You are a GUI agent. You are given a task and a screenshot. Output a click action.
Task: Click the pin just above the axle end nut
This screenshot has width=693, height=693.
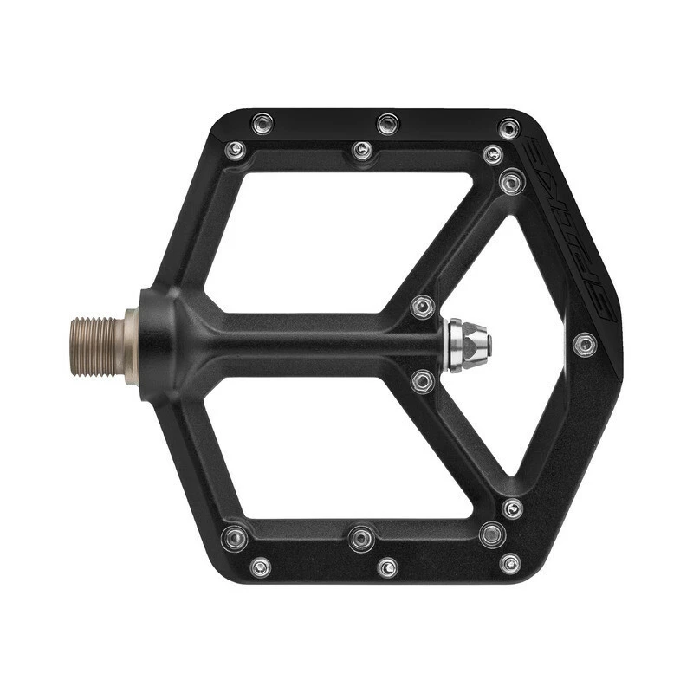(x=423, y=307)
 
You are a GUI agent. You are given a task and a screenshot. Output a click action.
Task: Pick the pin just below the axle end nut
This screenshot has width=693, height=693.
(x=423, y=381)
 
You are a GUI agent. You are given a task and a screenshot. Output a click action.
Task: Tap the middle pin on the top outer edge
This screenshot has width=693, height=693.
(x=387, y=123)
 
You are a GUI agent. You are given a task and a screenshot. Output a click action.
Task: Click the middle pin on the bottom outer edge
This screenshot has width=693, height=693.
(x=386, y=567)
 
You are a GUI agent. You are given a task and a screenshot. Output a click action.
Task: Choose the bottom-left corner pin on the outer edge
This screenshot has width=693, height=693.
(x=259, y=567)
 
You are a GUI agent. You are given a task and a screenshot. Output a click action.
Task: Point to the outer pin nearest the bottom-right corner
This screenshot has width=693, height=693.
(x=510, y=563)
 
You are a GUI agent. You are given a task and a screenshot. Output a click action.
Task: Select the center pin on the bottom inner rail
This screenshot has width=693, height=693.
(x=362, y=538)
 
